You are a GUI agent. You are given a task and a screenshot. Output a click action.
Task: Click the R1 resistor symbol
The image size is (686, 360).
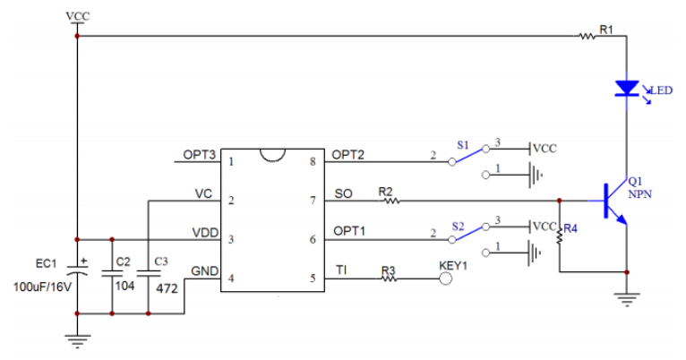coord(587,37)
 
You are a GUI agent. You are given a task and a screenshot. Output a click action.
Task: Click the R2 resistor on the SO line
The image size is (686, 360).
coord(390,201)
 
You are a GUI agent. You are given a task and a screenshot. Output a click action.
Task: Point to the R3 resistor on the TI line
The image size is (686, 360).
coord(389,279)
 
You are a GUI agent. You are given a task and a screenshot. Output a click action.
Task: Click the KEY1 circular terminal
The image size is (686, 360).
coord(446,279)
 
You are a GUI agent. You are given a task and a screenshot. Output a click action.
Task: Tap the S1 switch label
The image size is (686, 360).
coord(462,144)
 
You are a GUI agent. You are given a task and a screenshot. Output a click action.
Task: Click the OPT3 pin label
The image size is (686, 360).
coord(200,154)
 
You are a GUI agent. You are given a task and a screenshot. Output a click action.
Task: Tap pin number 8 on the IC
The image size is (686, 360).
coord(313,162)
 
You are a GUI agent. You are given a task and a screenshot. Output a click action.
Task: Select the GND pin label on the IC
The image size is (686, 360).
coord(202,270)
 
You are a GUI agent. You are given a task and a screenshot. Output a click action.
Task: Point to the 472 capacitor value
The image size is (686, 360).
coord(167,289)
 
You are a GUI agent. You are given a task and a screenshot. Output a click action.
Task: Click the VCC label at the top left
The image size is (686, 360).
coord(78,17)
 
